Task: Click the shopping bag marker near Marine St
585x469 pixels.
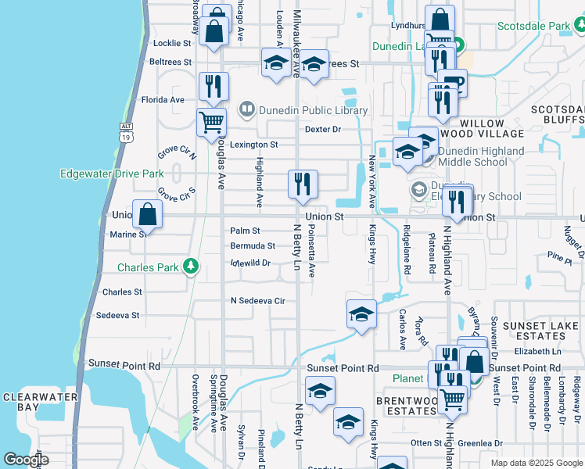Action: point(147,214)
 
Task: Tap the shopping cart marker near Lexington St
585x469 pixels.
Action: point(211,123)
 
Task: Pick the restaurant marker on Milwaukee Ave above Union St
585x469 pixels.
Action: point(303,184)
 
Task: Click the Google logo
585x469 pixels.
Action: point(26,460)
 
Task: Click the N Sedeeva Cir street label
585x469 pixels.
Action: point(257,300)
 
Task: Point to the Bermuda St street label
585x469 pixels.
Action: point(253,245)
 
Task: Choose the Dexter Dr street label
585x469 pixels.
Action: point(323,129)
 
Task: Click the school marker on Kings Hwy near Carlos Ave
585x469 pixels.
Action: point(361,314)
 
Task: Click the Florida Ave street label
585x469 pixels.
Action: point(163,100)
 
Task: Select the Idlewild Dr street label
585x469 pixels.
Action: point(250,263)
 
